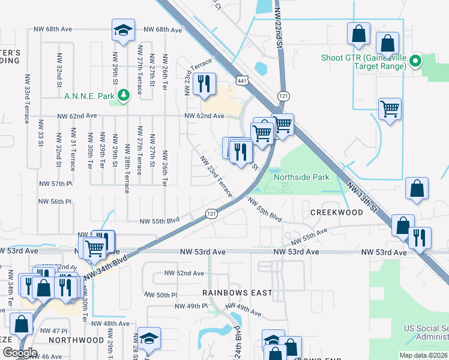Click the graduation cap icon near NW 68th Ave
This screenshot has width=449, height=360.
[x=122, y=30]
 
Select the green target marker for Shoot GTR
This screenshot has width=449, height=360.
[x=414, y=61]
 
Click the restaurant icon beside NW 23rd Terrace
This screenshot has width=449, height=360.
[x=205, y=84]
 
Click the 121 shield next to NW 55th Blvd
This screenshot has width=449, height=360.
[x=211, y=214]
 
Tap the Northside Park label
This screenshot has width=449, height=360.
[x=301, y=178]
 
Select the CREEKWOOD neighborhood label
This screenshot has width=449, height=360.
[x=337, y=212]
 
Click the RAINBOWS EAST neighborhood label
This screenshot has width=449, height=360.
[x=237, y=293]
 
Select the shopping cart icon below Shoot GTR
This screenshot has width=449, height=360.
[x=390, y=109]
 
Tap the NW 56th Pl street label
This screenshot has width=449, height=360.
[x=56, y=202]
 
